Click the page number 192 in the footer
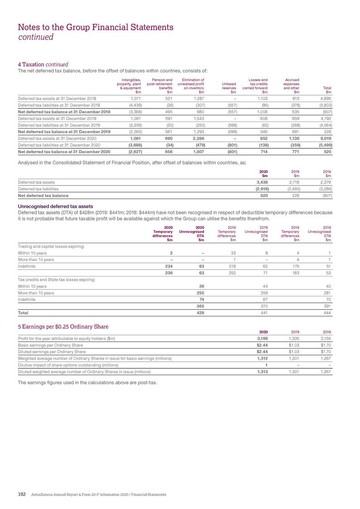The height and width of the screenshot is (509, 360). coord(21,494)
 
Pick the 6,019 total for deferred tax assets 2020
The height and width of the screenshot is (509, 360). coord(326,137)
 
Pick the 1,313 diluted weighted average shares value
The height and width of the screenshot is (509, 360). coord(263,371)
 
